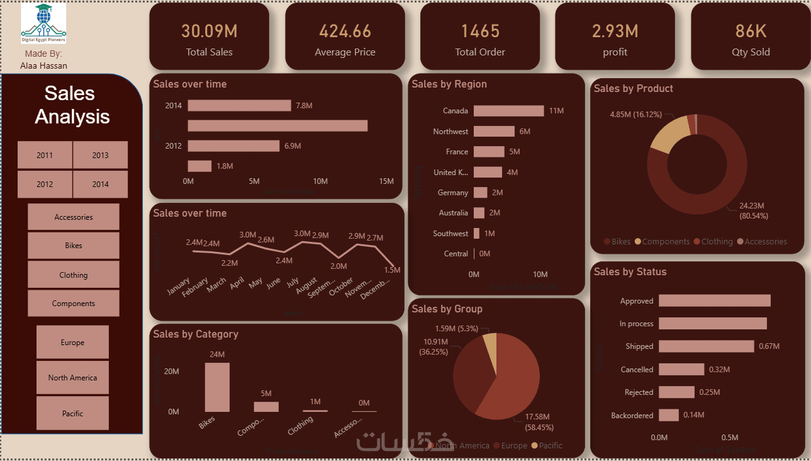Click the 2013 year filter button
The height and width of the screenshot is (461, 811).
coord(100,155)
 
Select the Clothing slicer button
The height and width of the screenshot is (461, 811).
coord(74,275)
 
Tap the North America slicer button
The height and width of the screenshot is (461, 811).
coord(72,378)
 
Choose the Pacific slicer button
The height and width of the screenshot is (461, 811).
coord(72,413)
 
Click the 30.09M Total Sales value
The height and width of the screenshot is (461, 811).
coord(209,31)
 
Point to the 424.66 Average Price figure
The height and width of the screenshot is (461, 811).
coord(345,31)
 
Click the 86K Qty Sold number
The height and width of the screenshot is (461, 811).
coord(751,31)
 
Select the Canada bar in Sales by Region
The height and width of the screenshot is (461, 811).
coord(508,111)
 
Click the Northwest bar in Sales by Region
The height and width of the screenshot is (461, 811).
coord(494,131)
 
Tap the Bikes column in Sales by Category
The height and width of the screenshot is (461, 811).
coord(217,387)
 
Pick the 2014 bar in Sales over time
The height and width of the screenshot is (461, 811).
coord(239,106)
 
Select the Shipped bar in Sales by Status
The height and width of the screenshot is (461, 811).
coord(706,346)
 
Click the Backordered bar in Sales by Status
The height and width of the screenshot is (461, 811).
coord(669,415)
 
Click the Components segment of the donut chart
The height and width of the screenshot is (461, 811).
coord(668,134)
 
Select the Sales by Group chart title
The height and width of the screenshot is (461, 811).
coord(447,309)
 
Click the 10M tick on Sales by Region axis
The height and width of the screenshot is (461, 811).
coord(540,275)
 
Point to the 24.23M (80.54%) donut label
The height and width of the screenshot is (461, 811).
coord(754,210)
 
